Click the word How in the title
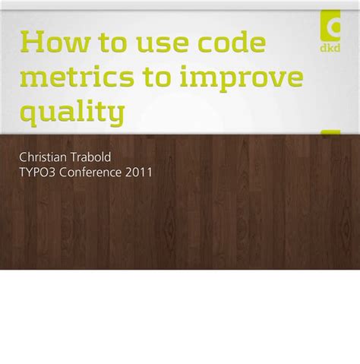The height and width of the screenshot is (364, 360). (52, 43)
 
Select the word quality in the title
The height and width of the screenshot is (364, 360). (71, 115)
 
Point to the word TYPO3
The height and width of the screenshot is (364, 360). (37, 173)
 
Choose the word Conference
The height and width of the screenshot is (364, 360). (90, 173)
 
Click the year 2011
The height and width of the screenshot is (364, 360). (139, 173)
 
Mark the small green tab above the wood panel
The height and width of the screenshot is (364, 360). (330, 134)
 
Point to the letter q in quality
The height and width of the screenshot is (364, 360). (29, 116)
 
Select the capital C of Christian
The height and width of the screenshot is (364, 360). (23, 157)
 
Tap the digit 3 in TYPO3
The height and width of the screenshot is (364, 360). (52, 173)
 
